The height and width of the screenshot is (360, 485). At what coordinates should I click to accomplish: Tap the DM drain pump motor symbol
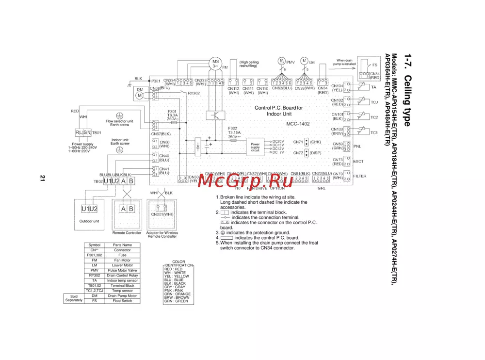tap(140, 96)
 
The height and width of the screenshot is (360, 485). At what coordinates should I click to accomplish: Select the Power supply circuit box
tap(255, 147)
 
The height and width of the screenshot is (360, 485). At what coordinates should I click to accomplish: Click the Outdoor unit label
tap(89, 221)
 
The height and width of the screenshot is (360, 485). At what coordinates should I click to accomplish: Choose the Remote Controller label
tap(127, 233)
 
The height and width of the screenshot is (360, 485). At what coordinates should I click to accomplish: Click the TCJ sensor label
tap(374, 102)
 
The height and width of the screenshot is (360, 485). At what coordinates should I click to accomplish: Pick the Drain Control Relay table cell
tap(122, 276)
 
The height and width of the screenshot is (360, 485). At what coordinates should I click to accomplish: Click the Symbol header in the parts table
tap(95, 245)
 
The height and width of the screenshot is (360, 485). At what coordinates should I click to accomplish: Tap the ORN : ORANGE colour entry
tap(178, 294)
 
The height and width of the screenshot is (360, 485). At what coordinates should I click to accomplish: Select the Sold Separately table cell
tap(74, 298)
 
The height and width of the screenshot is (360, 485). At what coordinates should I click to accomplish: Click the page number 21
tap(43, 179)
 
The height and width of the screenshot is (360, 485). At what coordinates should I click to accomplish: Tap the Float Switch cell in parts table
tap(122, 301)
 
